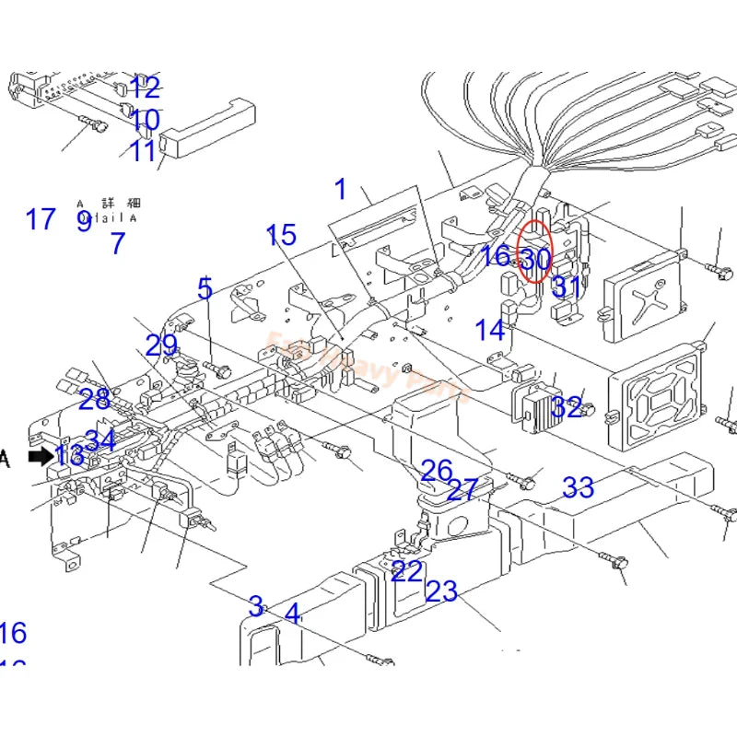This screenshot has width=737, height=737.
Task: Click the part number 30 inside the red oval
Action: pyautogui.click(x=535, y=261)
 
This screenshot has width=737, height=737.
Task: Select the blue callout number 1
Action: pyautogui.click(x=341, y=190)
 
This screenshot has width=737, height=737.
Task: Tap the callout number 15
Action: pyautogui.click(x=282, y=235)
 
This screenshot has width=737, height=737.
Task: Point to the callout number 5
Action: pyautogui.click(x=205, y=288)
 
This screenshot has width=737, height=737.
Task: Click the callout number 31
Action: pyautogui.click(x=567, y=287)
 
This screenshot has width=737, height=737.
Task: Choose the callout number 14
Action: pyautogui.click(x=490, y=330)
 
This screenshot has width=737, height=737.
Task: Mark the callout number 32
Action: pyautogui.click(x=567, y=407)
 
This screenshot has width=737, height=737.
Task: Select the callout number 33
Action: pyautogui.click(x=578, y=487)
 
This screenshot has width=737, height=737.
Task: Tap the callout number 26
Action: pyautogui.click(x=437, y=471)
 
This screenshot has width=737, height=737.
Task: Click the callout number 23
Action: pyautogui.click(x=441, y=591)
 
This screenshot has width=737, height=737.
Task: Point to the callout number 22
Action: pyautogui.click(x=406, y=571)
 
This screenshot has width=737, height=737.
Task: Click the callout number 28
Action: pyautogui.click(x=94, y=400)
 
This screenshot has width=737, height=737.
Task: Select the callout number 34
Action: pyautogui.click(x=100, y=440)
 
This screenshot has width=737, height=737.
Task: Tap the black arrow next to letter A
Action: pyautogui.click(x=41, y=456)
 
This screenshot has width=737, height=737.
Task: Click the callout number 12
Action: pyautogui.click(x=145, y=88)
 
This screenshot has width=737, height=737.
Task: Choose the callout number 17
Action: pyautogui.click(x=41, y=219)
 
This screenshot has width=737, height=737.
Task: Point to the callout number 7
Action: pyautogui.click(x=117, y=244)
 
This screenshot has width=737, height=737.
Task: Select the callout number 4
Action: pyautogui.click(x=292, y=613)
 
